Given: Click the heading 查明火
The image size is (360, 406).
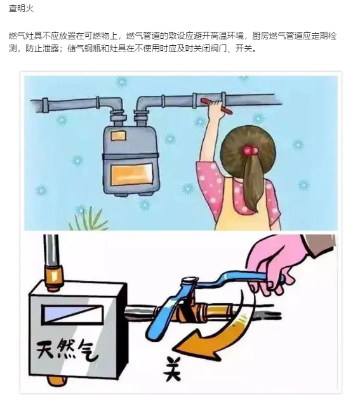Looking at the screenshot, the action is pyautogui.click(x=21, y=8).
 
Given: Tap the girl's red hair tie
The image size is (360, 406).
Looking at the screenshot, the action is pyautogui.click(x=250, y=150).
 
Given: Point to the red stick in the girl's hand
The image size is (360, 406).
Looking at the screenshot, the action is pyautogui.click(x=217, y=106).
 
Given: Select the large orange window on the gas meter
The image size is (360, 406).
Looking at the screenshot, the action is pyautogui.click(x=131, y=175).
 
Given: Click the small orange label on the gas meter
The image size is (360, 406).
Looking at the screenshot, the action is pyautogui.click(x=119, y=136).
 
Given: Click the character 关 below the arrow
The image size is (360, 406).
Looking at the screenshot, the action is pyautogui.click(x=172, y=369).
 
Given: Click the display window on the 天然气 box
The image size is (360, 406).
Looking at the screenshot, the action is pyautogui.click(x=72, y=314).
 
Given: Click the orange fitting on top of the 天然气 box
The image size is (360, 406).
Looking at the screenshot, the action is pyautogui.click(x=55, y=276).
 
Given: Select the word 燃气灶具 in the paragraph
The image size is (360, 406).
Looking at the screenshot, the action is pyautogui.click(x=25, y=36).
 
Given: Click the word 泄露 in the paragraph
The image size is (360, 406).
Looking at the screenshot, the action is pyautogui.click(x=51, y=48).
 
